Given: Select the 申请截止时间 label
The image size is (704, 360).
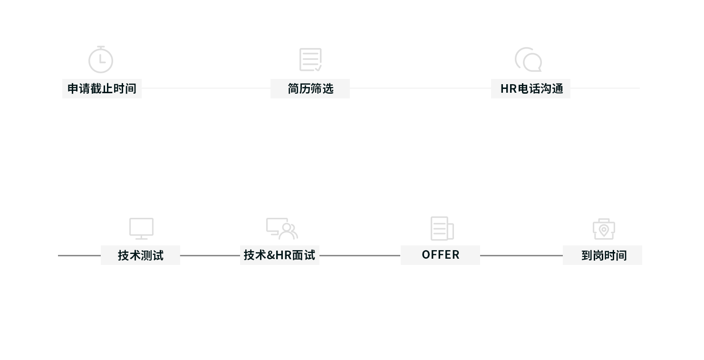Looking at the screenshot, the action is click(x=102, y=88).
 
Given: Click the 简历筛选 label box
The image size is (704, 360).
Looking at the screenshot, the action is click(x=310, y=88).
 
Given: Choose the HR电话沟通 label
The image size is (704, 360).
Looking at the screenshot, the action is click(x=531, y=88).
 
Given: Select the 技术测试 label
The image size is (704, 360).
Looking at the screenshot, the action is click(x=141, y=255).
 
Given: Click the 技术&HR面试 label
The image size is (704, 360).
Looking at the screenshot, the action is click(x=280, y=255).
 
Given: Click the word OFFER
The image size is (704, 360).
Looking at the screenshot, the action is click(x=440, y=255).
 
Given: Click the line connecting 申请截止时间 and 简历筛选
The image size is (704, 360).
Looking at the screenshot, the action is click(x=206, y=88).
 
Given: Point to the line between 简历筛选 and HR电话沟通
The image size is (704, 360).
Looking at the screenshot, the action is click(x=421, y=88).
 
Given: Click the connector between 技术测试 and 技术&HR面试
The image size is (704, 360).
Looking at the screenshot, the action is click(x=210, y=256).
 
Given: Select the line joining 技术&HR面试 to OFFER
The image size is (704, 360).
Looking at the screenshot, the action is click(x=360, y=256).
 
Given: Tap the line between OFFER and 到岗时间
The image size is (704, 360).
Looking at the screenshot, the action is click(x=521, y=256).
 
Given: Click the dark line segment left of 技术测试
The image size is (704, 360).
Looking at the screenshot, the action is click(x=79, y=256).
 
